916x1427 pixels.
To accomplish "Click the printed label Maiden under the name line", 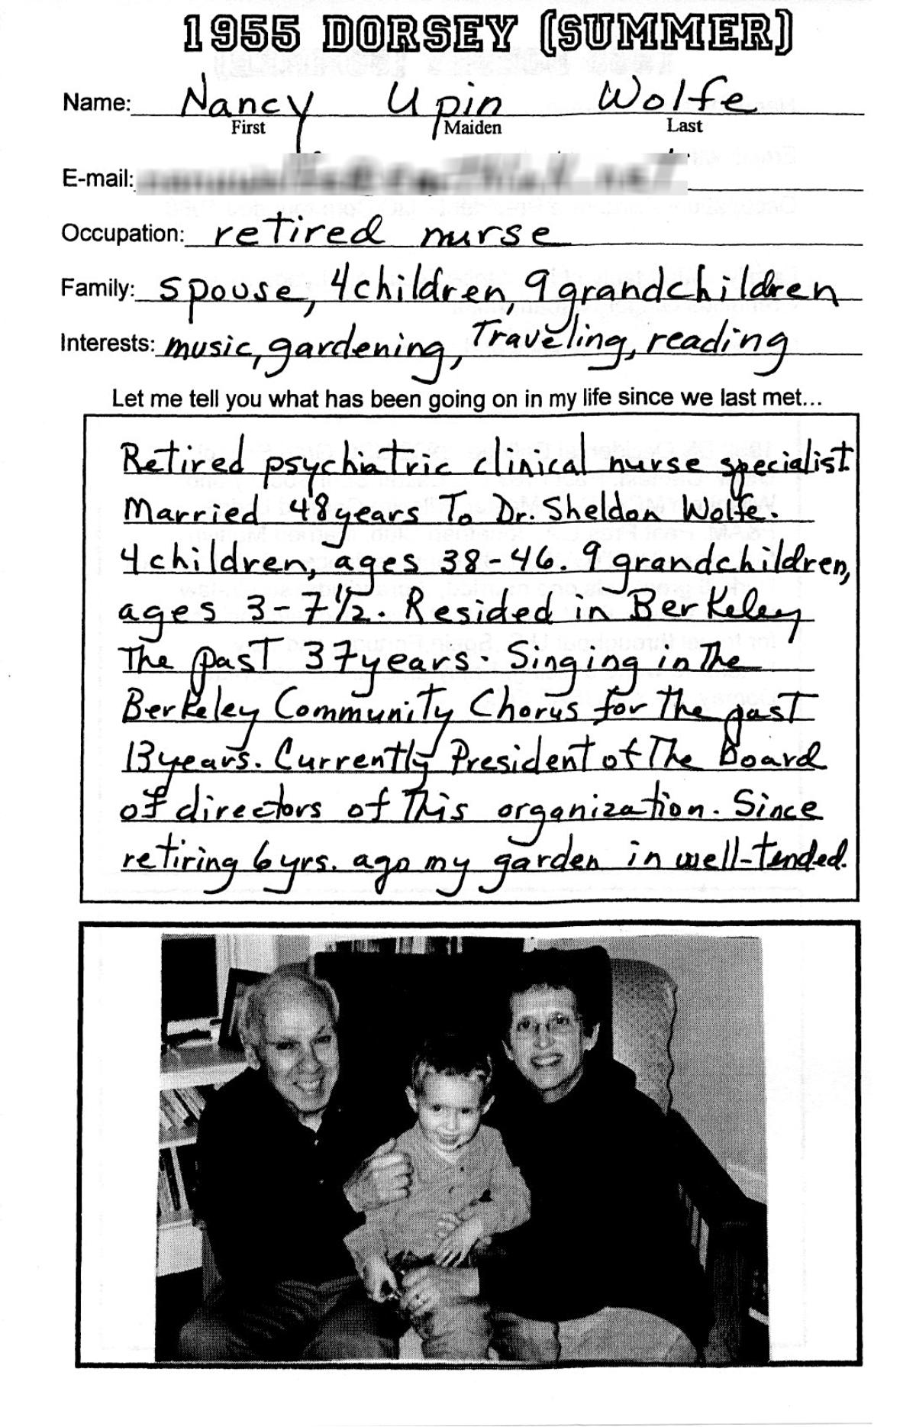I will pyautogui.click(x=473, y=128).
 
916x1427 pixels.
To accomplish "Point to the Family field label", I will pyautogui.click(x=97, y=289).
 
